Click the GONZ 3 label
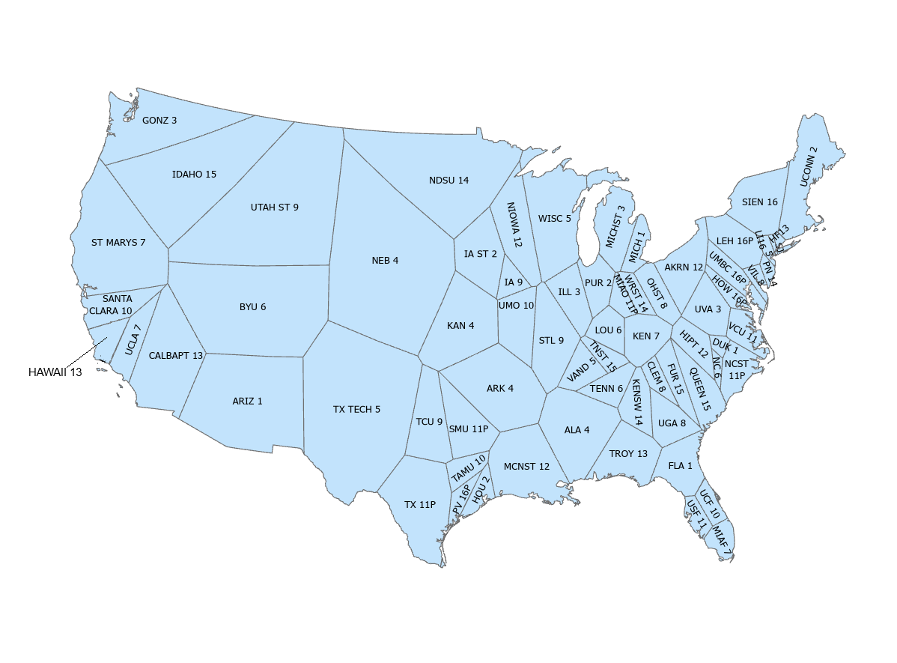(x=159, y=120)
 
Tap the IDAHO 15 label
(x=194, y=175)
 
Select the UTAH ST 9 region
(x=274, y=208)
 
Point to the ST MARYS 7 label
(x=118, y=243)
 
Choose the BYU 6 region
(x=252, y=307)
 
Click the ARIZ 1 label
(x=247, y=402)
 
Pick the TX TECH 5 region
(x=356, y=410)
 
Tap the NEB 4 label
(x=385, y=261)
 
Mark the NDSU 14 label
(x=448, y=181)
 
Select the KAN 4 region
(x=460, y=326)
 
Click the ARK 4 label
(x=500, y=389)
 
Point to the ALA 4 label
(x=577, y=430)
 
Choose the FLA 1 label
(x=680, y=466)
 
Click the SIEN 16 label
(x=759, y=202)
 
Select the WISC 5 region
(x=554, y=219)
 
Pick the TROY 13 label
(x=628, y=454)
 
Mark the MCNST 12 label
(x=526, y=467)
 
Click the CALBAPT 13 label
(x=176, y=356)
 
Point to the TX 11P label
(x=420, y=505)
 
